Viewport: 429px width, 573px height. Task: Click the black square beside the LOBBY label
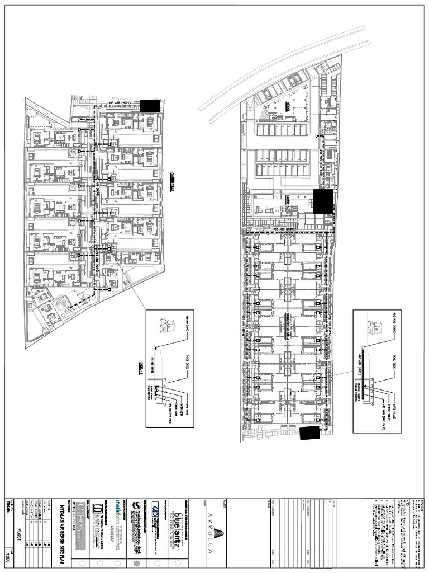(x=323, y=201)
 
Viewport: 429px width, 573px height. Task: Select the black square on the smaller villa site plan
(x=150, y=106)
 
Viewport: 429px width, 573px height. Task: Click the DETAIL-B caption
(x=141, y=366)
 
